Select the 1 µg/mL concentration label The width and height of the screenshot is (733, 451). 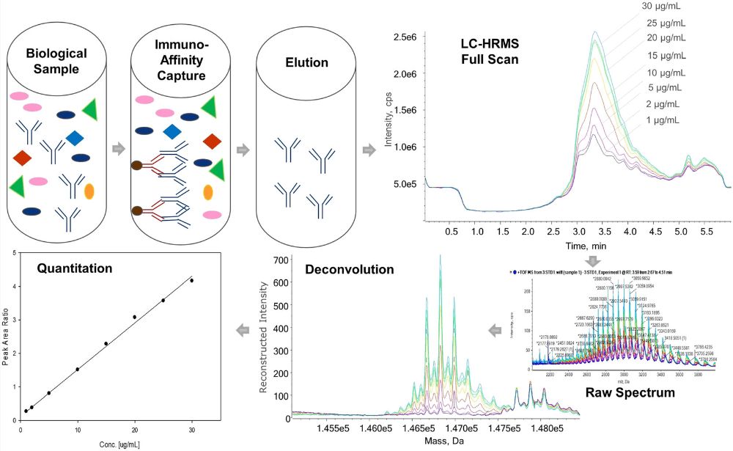663,120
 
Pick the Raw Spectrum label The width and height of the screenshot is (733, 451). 631,393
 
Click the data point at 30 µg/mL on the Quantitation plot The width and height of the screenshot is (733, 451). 191,280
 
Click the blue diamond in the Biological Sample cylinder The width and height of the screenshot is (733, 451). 74,138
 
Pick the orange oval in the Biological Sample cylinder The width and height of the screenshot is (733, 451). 89,191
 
